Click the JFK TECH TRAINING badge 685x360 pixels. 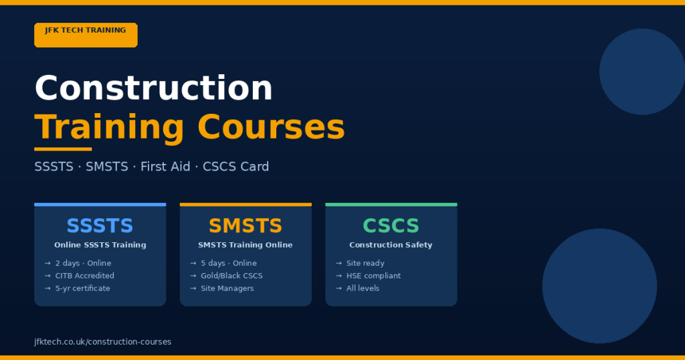(86, 35)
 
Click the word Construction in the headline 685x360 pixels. (153, 88)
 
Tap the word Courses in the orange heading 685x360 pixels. (271, 126)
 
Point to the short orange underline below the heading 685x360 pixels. (63, 149)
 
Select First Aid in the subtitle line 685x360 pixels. (165, 167)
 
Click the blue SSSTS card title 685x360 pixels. (100, 226)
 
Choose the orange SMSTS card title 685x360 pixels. (246, 226)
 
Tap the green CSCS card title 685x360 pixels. (391, 226)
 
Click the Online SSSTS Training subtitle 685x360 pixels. (100, 245)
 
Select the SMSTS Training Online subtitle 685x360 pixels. (246, 245)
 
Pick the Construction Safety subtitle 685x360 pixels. (391, 245)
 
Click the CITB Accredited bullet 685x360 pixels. (84, 276)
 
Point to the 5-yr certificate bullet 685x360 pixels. (82, 288)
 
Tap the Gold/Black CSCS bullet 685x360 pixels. (231, 276)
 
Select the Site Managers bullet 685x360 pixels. (227, 288)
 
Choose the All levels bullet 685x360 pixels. (363, 288)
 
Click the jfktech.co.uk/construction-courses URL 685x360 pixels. (102, 342)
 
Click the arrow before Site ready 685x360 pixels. (339, 264)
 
